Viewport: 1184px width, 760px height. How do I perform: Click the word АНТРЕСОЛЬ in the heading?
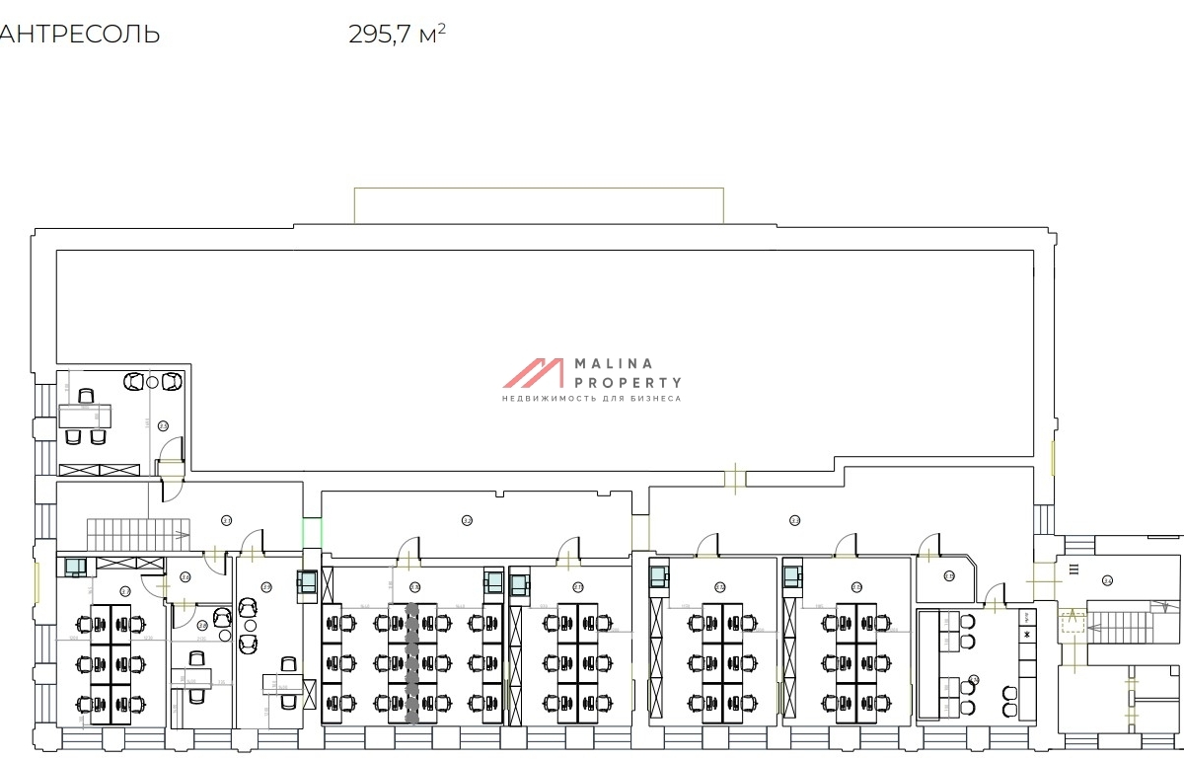(79, 35)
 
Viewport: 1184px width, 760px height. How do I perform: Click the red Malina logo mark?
(533, 373)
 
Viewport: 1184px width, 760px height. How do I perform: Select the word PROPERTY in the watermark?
(629, 382)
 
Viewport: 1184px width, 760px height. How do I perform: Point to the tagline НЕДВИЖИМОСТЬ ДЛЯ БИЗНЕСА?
(591, 399)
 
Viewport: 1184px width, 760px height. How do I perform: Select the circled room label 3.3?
(794, 519)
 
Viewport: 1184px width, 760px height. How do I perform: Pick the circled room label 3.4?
(1107, 580)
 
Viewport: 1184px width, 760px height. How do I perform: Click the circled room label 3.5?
(164, 426)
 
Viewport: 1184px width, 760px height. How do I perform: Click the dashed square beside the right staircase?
(1072, 623)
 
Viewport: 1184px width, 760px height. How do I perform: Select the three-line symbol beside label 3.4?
(1073, 568)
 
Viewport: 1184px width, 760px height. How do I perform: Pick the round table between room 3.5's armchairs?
(151, 381)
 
